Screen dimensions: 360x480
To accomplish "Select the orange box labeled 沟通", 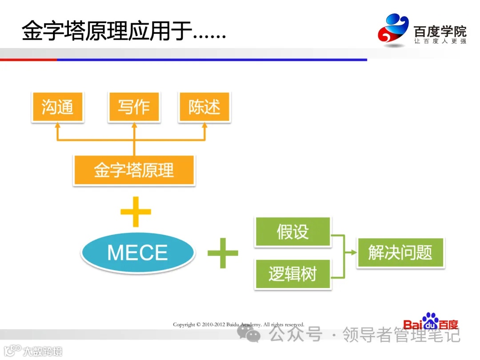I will click(x=57, y=107).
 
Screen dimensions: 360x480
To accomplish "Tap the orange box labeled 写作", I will click(x=134, y=107).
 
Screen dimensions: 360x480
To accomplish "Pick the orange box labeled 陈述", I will click(x=204, y=107).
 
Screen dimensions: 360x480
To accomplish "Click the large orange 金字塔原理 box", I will click(x=134, y=170).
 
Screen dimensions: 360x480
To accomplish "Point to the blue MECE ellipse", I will click(x=137, y=253).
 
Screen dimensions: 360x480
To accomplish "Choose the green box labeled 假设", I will click(x=292, y=232).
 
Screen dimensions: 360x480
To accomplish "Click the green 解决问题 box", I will click(x=400, y=253).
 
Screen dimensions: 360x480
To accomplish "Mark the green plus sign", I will click(x=223, y=253).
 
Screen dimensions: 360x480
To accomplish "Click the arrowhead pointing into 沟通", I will click(x=57, y=126).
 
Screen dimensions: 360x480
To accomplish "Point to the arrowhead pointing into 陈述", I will click(x=204, y=126).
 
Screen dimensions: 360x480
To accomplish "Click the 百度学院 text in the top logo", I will click(x=440, y=32).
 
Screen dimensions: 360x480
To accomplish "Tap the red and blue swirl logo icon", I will click(x=393, y=29).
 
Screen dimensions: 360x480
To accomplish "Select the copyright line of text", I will click(x=239, y=324).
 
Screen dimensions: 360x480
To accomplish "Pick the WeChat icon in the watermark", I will click(x=249, y=333).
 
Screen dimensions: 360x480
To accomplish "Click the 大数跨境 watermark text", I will click(x=42, y=351).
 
